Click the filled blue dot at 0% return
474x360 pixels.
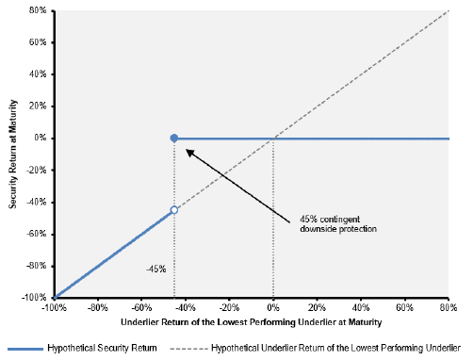(x=174, y=139)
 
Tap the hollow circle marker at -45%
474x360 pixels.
(x=174, y=210)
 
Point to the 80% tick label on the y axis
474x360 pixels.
(x=38, y=10)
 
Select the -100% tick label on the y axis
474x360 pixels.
(x=34, y=297)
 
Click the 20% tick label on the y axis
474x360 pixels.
(x=38, y=106)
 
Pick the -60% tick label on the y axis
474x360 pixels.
(x=36, y=234)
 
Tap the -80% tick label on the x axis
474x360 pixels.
(x=98, y=307)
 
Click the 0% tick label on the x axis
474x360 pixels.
(x=273, y=307)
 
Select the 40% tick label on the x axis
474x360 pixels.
(x=361, y=307)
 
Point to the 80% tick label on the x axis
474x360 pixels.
(x=449, y=307)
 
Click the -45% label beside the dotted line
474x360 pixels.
(x=156, y=270)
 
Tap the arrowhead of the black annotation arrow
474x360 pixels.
(x=188, y=151)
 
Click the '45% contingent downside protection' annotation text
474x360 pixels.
(x=338, y=224)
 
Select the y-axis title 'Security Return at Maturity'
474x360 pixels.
(x=12, y=154)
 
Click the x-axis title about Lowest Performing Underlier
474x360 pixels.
(x=251, y=322)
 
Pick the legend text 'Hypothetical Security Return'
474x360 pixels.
(x=102, y=348)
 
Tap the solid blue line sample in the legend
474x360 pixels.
(x=25, y=349)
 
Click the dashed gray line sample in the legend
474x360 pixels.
(x=188, y=349)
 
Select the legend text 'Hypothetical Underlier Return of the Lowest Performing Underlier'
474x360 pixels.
(x=335, y=348)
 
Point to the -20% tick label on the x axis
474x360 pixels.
(x=229, y=307)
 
